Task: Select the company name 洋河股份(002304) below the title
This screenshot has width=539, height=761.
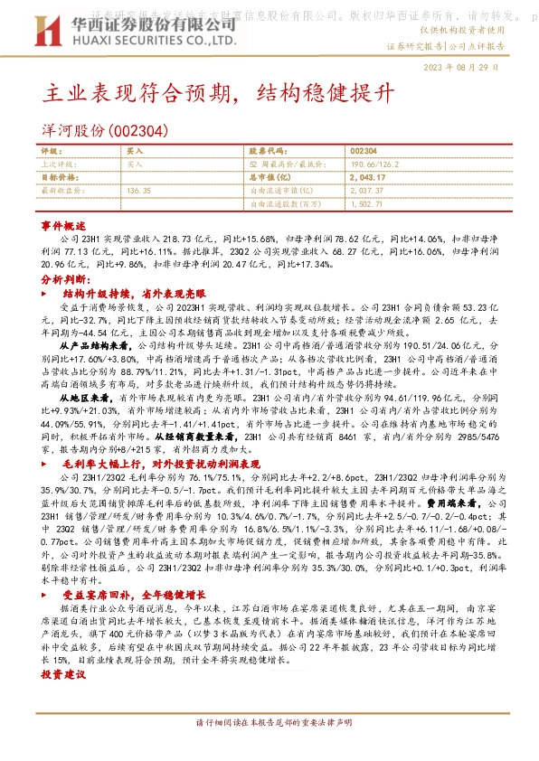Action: [x=103, y=131]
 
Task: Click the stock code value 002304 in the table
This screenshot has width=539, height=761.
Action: [x=363, y=152]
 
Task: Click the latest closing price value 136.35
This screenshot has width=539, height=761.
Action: [x=139, y=192]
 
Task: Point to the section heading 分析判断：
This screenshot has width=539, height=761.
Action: [x=64, y=281]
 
